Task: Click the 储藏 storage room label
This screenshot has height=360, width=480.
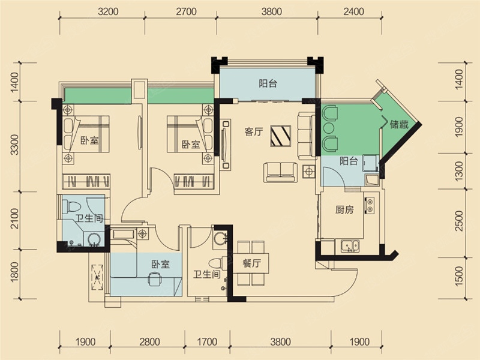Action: [x=399, y=124]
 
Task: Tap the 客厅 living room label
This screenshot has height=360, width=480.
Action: [x=254, y=131]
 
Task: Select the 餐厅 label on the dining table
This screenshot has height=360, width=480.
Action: [x=251, y=263]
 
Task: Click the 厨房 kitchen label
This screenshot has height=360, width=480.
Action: [x=344, y=209]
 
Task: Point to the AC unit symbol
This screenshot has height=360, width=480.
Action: [x=98, y=277]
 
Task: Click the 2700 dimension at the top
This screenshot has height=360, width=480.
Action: [x=186, y=11]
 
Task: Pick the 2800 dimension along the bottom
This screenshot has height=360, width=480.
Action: [x=149, y=341]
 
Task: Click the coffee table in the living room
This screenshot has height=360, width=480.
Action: [x=280, y=136]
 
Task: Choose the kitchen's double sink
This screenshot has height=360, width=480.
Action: [x=350, y=246]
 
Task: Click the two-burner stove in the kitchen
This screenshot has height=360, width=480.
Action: [x=370, y=205]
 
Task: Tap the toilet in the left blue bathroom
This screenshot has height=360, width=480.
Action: [x=71, y=206]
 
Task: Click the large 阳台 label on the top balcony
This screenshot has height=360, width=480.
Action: [x=268, y=83]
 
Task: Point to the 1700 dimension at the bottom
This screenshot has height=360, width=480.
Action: [x=207, y=341]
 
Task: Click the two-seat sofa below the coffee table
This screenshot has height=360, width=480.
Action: [x=280, y=172]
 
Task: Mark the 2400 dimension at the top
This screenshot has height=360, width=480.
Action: [x=353, y=11]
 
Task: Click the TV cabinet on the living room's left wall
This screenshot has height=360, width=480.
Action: [x=226, y=145]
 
